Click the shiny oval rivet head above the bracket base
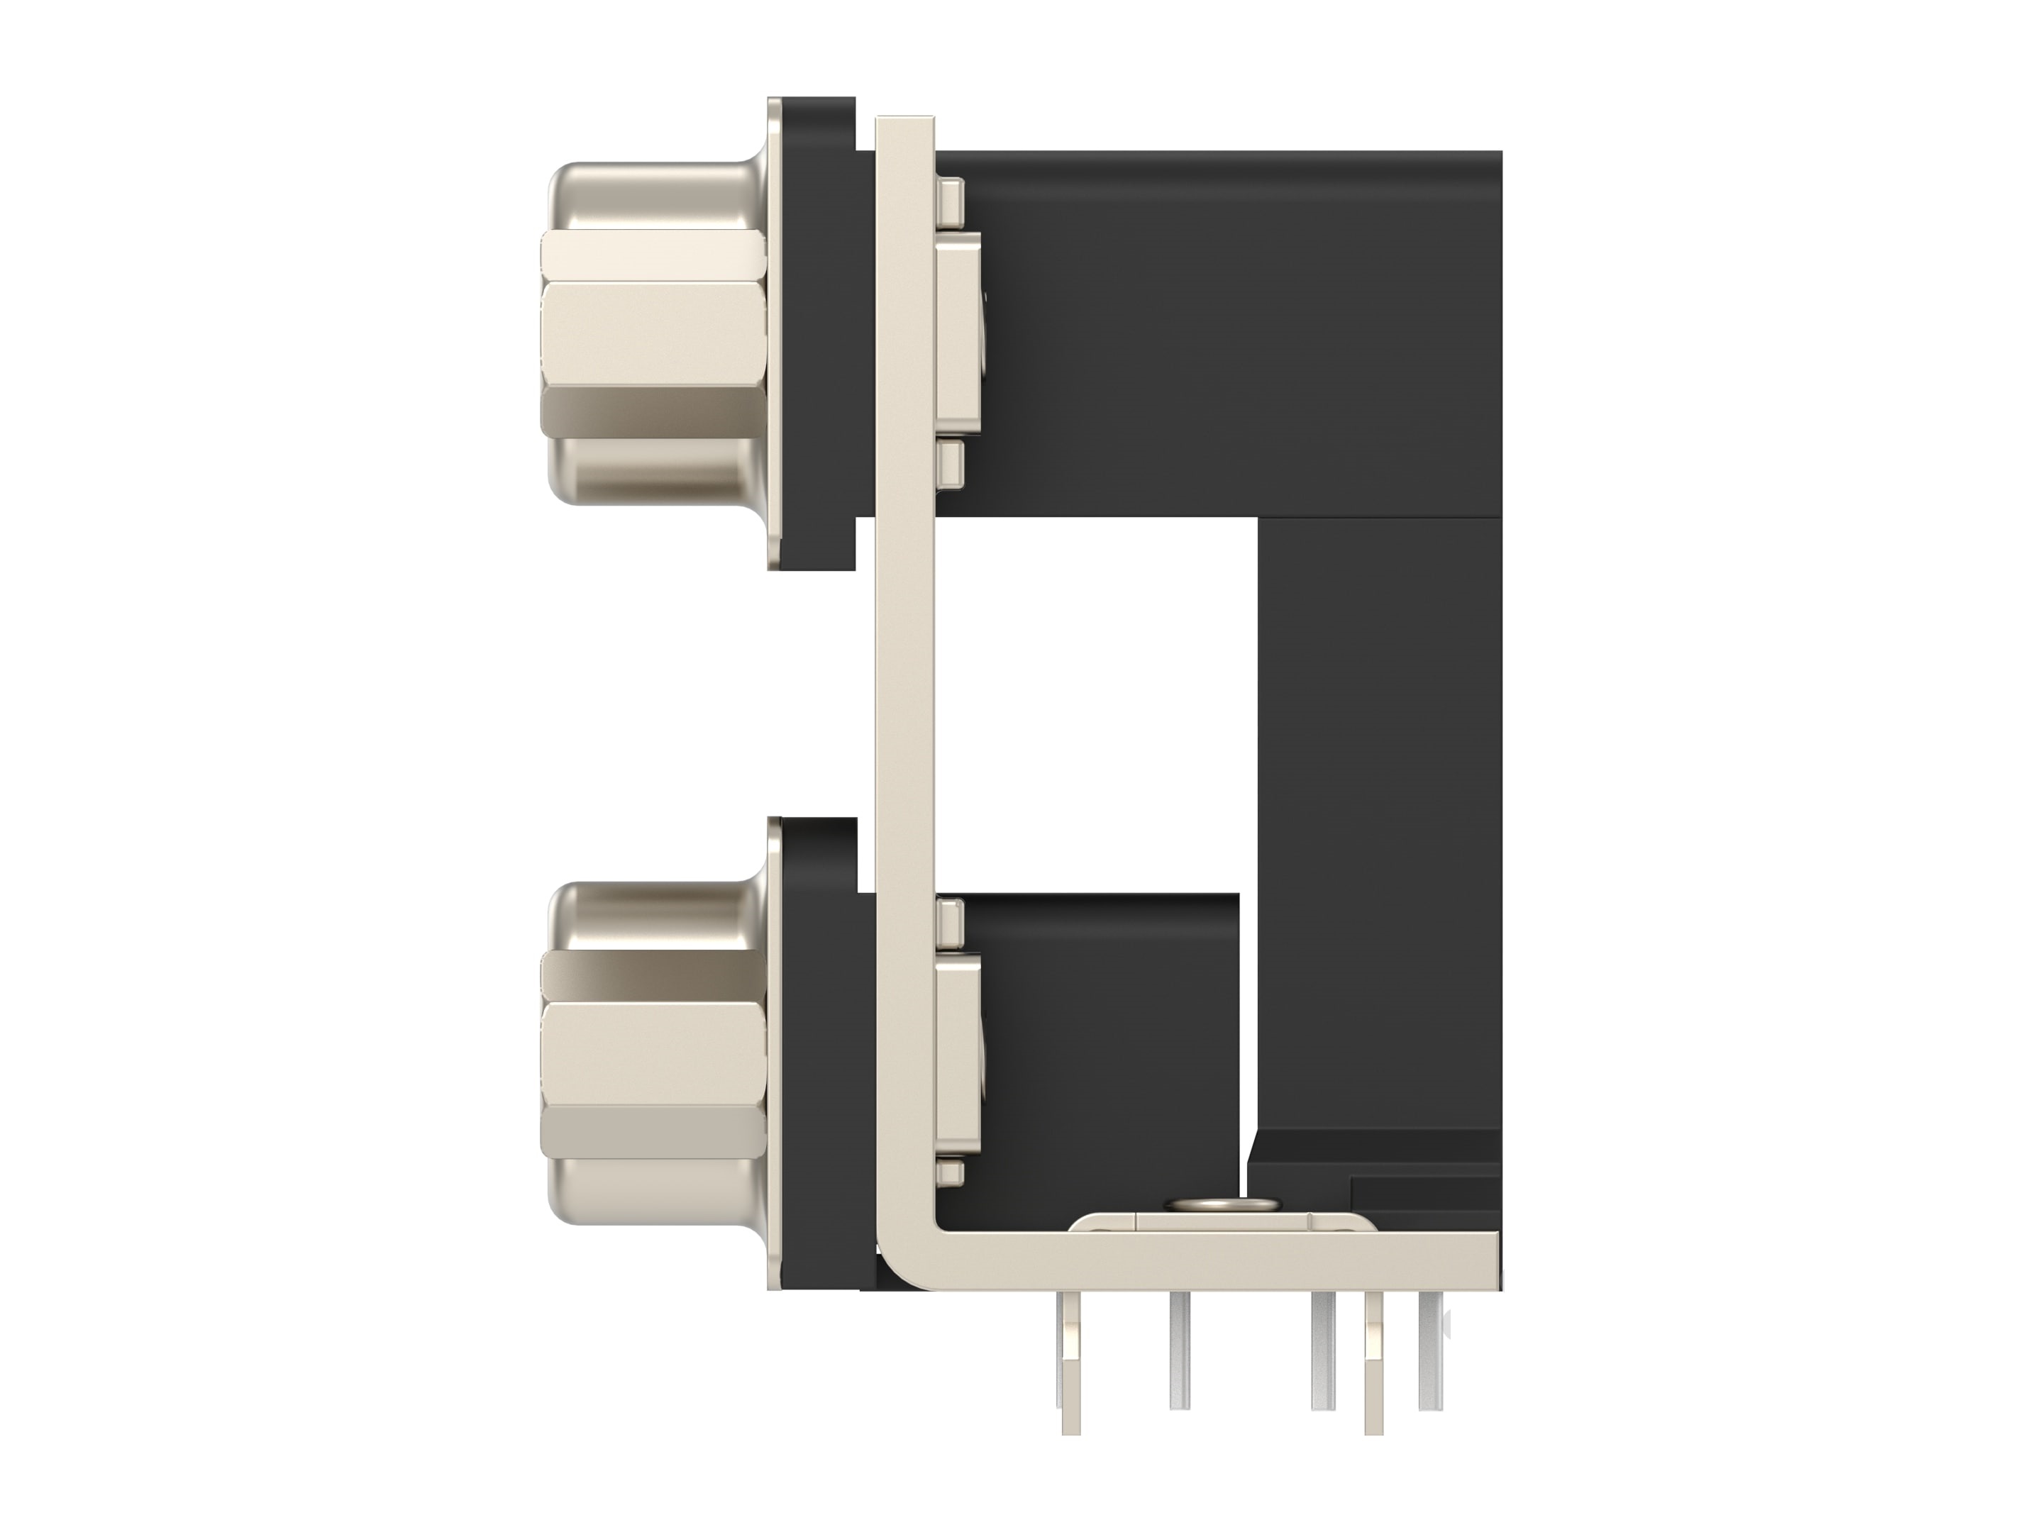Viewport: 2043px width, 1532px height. [1223, 1205]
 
